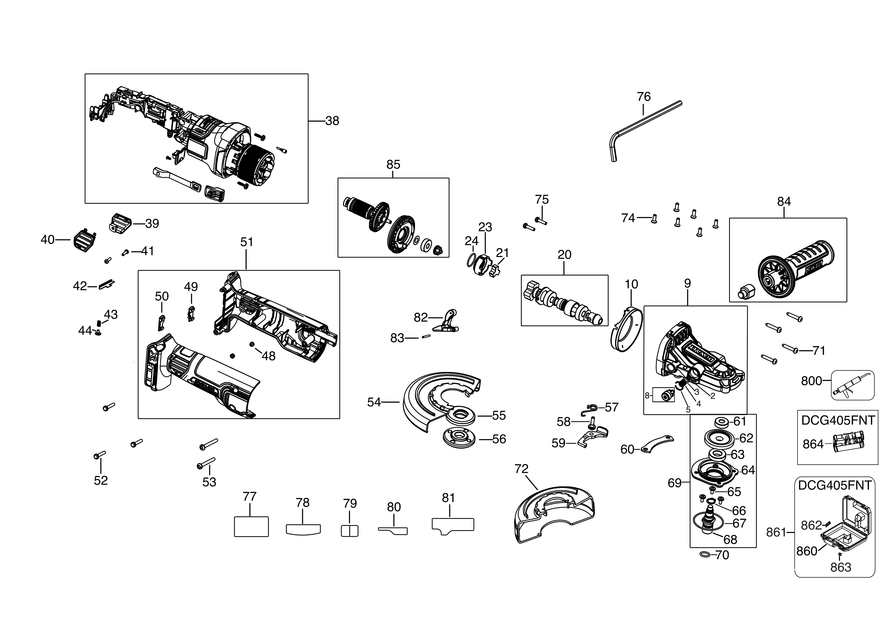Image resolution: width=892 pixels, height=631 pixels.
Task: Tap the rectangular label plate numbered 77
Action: point(251,526)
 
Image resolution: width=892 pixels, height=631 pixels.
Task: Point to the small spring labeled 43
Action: point(99,322)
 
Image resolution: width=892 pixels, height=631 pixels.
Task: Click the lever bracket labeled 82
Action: point(447,322)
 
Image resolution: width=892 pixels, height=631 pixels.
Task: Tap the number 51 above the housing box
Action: point(246,242)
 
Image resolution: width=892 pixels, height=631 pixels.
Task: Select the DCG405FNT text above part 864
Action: point(838,420)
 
